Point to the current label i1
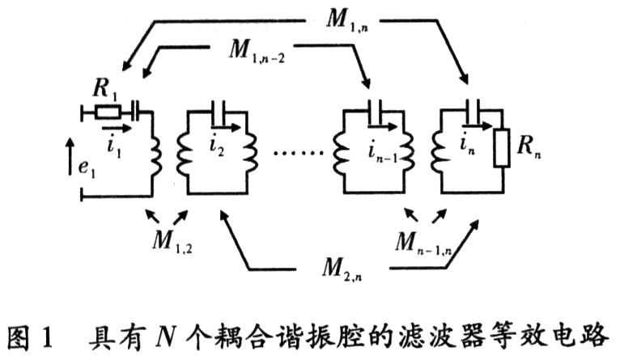[x=113, y=141]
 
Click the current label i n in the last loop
[x=468, y=146]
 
